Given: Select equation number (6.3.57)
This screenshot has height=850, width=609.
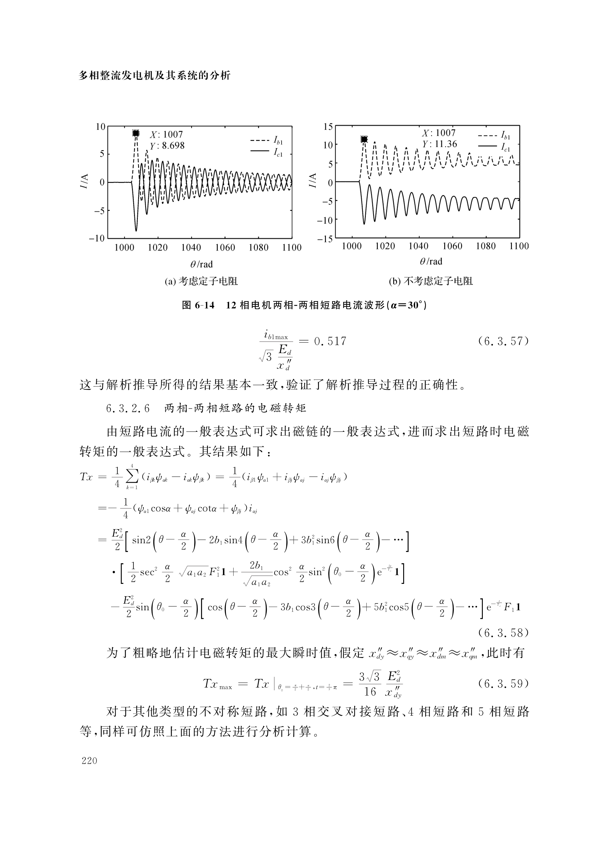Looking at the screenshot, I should pyautogui.click(x=503, y=341).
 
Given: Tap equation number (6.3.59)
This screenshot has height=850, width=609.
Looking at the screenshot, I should pyautogui.click(x=503, y=684).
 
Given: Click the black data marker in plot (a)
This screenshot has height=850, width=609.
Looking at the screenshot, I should pyautogui.click(x=136, y=133).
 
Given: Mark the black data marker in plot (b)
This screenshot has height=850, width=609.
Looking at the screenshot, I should pyautogui.click(x=364, y=139).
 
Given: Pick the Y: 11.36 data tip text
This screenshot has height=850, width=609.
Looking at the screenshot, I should pyautogui.click(x=440, y=144).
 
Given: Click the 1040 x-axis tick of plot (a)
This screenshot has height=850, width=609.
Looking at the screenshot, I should pyautogui.click(x=191, y=248).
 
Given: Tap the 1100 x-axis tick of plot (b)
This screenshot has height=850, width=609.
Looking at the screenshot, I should pyautogui.click(x=519, y=246).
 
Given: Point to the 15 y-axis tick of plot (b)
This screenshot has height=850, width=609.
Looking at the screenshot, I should pyautogui.click(x=328, y=127).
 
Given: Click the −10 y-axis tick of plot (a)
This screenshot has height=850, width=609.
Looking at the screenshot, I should pyautogui.click(x=97, y=238).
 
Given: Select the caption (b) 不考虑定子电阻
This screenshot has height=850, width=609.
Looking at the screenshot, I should pyautogui.click(x=431, y=281).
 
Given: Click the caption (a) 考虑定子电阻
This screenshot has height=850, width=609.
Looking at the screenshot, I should pyautogui.click(x=201, y=281).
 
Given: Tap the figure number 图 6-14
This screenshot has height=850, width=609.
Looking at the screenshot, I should pyautogui.click(x=198, y=305).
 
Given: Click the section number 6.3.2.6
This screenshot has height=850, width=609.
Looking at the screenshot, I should pyautogui.click(x=128, y=408).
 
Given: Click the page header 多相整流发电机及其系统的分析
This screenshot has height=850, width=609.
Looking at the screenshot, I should pyautogui.click(x=155, y=76).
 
